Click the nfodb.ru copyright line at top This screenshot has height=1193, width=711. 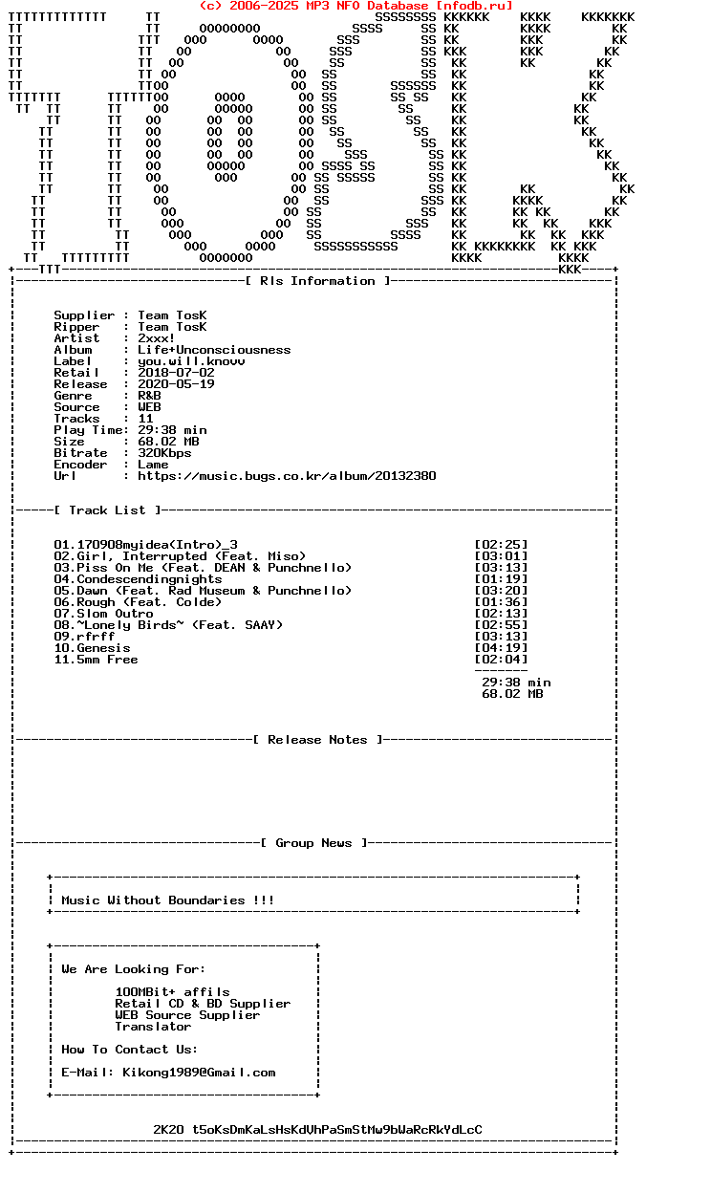pos(355,6)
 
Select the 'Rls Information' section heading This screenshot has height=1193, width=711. pos(317,281)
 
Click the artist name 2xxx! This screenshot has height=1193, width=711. pos(157,338)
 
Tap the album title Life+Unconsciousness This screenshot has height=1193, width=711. pos(214,350)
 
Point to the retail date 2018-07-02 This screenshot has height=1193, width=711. pos(176,373)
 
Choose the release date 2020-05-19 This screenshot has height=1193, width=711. pos(176,384)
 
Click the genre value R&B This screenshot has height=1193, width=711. pos(149,396)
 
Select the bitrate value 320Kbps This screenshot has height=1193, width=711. pos(164,453)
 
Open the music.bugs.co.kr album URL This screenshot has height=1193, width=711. pos(287,476)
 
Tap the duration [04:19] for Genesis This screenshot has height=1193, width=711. pos(501,648)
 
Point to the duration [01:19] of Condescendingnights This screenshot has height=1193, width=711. pos(501,579)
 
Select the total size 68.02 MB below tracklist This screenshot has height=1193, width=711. pos(512,694)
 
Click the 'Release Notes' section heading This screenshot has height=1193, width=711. pos(317,740)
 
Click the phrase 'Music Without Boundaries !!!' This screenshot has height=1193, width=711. pos(168,900)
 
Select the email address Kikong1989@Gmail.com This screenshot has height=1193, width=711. pos(199,1073)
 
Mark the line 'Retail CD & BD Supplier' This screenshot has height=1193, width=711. pos(203,1004)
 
